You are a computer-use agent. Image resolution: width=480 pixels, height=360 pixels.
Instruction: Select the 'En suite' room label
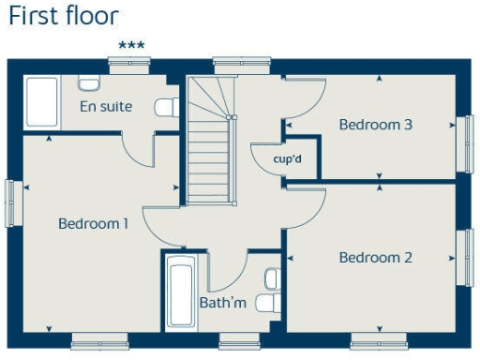pos(105,106)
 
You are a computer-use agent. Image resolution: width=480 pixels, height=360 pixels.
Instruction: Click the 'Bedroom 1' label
pos(93,223)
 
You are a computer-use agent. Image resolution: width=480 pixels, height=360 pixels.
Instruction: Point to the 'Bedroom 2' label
pos(375,258)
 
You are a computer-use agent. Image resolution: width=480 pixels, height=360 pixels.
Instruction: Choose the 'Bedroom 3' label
pos(375,124)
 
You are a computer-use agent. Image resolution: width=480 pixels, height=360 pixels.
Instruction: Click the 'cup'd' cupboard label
pos(287,158)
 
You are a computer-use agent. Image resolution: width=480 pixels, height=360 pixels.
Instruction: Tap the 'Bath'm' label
pos(222,302)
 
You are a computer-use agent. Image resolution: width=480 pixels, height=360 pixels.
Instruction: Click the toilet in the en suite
pos(167,107)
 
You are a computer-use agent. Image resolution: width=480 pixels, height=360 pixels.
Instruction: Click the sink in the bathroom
pos(272,278)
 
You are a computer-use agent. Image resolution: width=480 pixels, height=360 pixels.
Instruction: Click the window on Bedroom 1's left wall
pos(12,202)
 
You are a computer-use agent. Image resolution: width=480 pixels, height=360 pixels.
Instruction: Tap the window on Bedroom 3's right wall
pos(465,142)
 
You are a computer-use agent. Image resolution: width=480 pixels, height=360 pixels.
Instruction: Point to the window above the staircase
pos(229,64)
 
